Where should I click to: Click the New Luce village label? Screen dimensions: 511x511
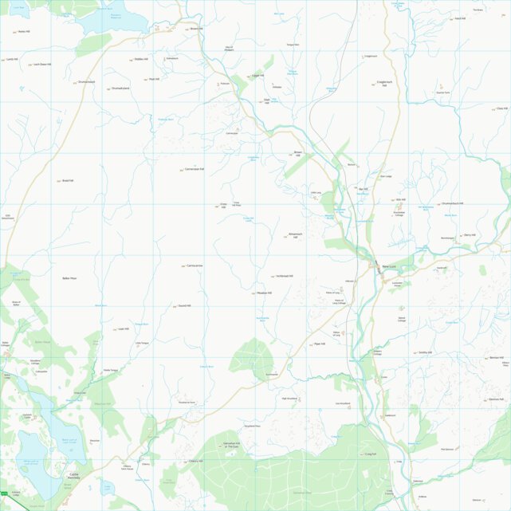coord(389,266)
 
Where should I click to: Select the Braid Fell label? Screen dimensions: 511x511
coord(68,181)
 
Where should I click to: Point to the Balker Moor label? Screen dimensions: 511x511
coord(69,278)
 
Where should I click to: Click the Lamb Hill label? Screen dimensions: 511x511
coord(12,59)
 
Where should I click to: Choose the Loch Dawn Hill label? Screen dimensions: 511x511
coord(42,65)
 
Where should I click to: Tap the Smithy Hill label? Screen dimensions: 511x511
coord(424,352)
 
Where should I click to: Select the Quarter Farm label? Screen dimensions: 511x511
coord(443,92)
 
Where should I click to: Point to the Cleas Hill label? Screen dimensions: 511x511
coord(501,108)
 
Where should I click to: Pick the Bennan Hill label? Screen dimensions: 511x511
coord(497,358)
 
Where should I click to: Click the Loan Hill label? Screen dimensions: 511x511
coord(123,328)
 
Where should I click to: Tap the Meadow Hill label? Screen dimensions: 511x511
coord(264,293)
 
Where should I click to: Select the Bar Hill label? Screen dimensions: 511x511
coord(365,189)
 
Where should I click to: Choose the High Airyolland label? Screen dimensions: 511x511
coord(289,399)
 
